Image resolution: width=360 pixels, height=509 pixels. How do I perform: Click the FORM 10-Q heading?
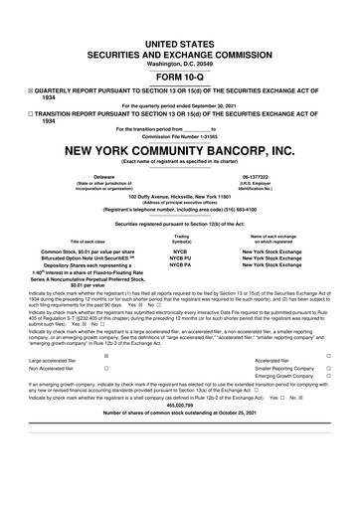(x=180, y=77)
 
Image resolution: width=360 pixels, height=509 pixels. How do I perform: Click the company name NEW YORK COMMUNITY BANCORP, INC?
(x=180, y=151)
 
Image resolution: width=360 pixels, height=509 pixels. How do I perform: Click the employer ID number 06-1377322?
(x=269, y=176)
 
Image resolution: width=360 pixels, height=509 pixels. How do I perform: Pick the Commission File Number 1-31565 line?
(x=180, y=135)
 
